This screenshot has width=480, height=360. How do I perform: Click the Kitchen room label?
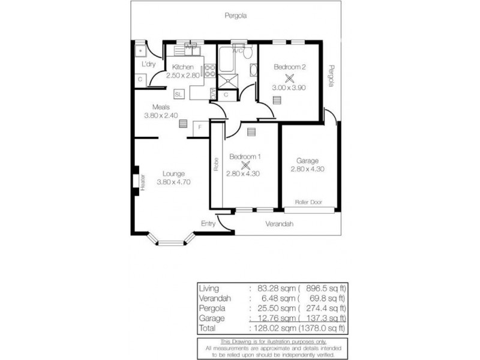pyautogui.click(x=182, y=67)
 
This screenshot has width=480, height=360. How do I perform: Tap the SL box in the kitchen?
pyautogui.click(x=179, y=94)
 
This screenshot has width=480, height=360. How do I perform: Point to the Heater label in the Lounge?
pyautogui.click(x=143, y=182)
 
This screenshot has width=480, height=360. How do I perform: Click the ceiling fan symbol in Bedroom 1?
pyautogui.click(x=245, y=165)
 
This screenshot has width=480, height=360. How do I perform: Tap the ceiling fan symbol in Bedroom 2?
pyautogui.click(x=290, y=77)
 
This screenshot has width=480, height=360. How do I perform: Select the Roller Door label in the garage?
pyautogui.click(x=308, y=202)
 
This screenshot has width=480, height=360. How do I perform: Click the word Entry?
pyautogui.click(x=208, y=223)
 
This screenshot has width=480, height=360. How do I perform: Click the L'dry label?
pyautogui.click(x=148, y=64)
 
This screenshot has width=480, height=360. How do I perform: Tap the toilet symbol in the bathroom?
pyautogui.click(x=247, y=52)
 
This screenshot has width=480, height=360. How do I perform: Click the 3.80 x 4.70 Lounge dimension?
pyautogui.click(x=173, y=182)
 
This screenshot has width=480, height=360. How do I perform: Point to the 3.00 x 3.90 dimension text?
pyautogui.click(x=290, y=88)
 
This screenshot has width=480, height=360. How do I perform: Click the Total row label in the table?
pyautogui.click(x=208, y=328)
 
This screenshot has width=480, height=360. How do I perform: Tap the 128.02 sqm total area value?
pyautogui.click(x=269, y=328)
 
